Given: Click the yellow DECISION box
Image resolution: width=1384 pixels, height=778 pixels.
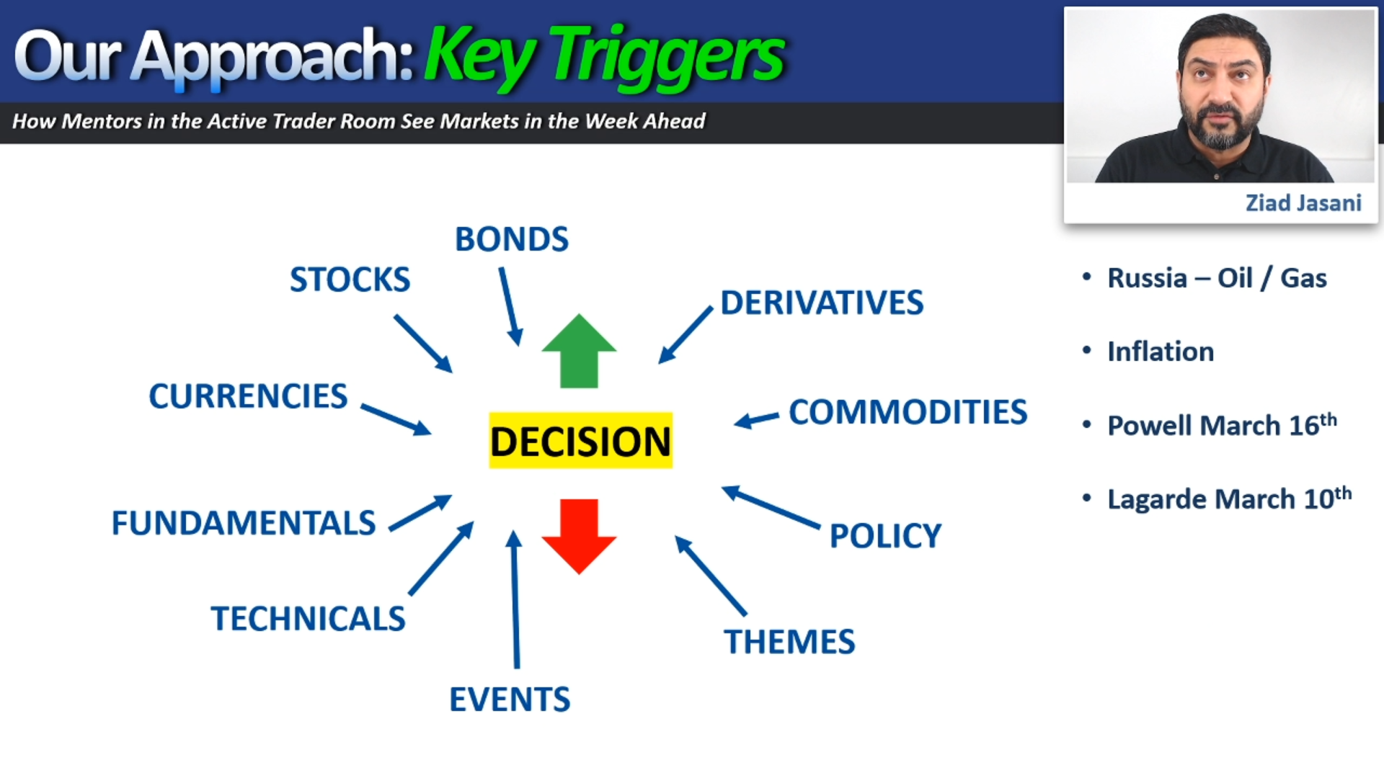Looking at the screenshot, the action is tap(580, 440).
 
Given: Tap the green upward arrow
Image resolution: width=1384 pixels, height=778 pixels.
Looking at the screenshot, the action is tap(579, 351).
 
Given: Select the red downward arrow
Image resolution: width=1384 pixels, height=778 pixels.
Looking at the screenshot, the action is tap(579, 536).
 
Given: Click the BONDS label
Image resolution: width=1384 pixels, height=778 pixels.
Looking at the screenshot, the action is tap(512, 239).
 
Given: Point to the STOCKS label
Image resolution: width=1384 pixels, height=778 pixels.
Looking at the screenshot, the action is tap(350, 280).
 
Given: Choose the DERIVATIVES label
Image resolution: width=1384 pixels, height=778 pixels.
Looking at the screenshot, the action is tap(822, 303).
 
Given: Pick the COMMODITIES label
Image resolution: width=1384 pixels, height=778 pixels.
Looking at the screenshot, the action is tap(908, 412).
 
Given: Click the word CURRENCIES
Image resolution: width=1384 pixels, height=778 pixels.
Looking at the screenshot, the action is tap(248, 396).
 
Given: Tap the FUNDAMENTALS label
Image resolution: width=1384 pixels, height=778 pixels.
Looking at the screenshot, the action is tap(244, 523).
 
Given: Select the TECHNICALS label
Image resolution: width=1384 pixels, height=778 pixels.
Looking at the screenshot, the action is tap(308, 619).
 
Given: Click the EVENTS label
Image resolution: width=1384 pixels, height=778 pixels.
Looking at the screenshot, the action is tap(510, 699).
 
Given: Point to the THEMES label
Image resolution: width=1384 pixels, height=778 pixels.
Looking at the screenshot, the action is tap(789, 642).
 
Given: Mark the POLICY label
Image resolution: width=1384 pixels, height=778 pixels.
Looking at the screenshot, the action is tap(885, 536).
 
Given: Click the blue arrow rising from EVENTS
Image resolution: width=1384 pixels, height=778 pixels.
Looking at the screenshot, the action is tap(515, 599).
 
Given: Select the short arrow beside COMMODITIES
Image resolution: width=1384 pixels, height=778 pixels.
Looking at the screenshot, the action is tap(756, 419).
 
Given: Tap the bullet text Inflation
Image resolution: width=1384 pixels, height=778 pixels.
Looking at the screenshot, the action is tap(1161, 352).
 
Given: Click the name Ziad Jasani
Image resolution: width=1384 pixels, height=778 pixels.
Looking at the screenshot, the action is tap(1303, 203).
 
